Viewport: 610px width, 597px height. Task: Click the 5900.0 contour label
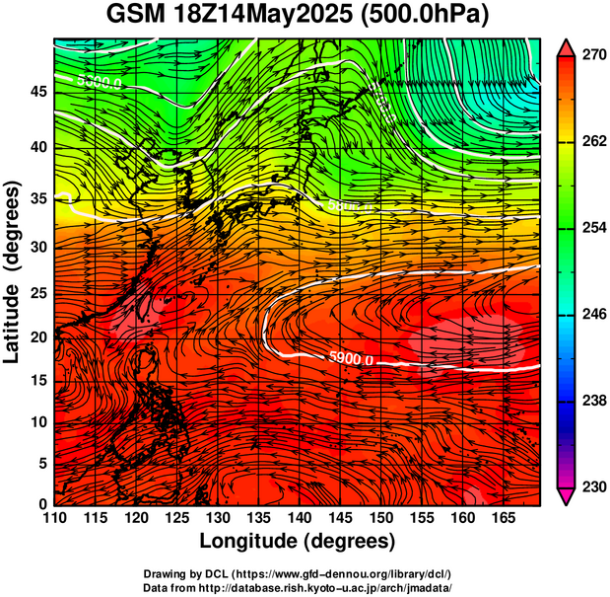[350, 360]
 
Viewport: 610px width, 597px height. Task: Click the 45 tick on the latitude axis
[37, 91]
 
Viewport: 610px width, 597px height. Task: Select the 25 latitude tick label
[37, 294]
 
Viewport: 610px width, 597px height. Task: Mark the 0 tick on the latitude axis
[42, 504]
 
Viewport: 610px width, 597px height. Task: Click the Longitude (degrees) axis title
[298, 541]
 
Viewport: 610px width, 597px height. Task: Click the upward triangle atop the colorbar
[567, 46]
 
